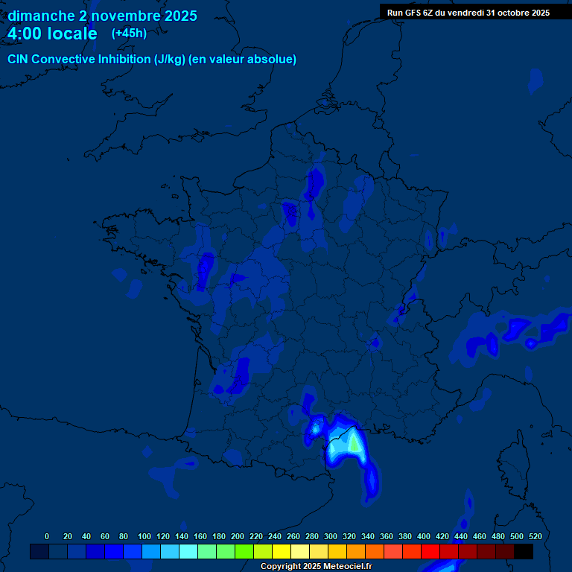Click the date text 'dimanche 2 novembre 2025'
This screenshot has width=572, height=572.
103,16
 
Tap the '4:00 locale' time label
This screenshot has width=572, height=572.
52,34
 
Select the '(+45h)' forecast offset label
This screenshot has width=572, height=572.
129,34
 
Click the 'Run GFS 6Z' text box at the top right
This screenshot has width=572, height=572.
468,13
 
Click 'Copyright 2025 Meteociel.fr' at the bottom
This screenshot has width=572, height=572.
316,567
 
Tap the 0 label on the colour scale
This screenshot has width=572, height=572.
47,536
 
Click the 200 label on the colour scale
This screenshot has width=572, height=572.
238,536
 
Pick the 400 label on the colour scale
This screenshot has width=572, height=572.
424,536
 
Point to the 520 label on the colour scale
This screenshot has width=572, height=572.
535,536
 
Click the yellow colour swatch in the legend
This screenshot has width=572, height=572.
282,552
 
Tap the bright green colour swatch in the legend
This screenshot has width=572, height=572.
244,552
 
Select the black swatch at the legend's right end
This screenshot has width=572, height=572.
524,552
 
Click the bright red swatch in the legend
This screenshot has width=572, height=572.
430,552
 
